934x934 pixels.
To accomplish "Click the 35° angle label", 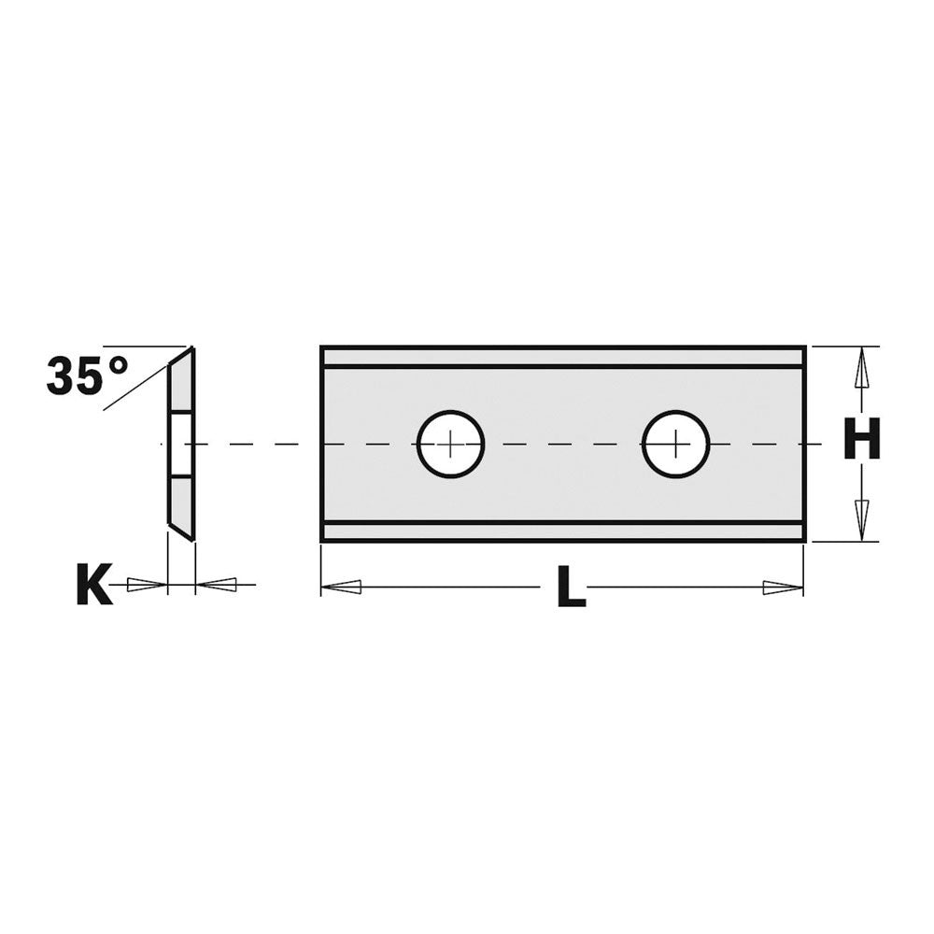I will point(87,375).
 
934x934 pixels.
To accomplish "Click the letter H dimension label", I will point(861,439).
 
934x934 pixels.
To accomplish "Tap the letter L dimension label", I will point(570,588).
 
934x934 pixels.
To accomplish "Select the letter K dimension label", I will point(93,586).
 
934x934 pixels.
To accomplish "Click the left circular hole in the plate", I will point(450,444).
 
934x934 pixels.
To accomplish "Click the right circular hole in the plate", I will point(675,444).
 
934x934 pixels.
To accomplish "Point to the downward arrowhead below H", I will point(862,515).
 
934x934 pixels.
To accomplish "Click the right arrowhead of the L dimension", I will point(782,587).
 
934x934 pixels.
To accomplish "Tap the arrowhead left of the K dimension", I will point(145,585).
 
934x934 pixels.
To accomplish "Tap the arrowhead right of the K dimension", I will point(217,585).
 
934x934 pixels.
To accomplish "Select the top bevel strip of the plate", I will point(563,357).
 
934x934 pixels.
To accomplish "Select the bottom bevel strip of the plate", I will point(563,531).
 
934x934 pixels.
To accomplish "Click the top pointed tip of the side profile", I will point(191,348).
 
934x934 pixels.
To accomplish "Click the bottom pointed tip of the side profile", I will point(191,538).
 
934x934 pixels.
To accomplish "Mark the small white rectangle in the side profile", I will point(177,444).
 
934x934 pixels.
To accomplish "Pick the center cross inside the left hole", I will point(450,444).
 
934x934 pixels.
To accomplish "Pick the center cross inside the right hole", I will point(675,444).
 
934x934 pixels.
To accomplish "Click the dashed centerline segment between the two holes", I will point(563,444).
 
